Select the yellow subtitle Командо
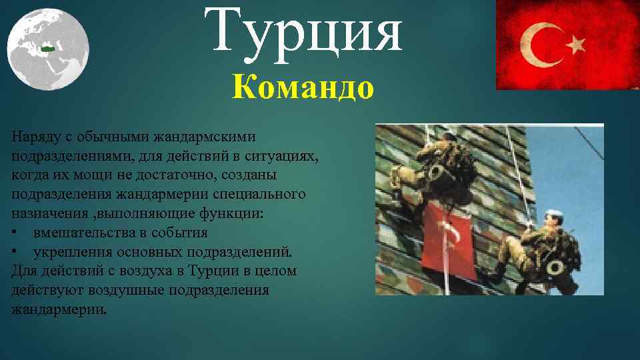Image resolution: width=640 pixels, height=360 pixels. (303, 87)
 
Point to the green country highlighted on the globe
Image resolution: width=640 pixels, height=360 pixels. (47, 48)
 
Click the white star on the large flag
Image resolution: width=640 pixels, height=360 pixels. (575, 45)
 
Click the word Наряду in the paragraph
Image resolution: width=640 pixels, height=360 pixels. (31, 136)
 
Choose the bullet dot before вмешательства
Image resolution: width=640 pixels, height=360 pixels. (15, 233)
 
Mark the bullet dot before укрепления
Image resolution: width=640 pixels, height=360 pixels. (15, 253)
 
